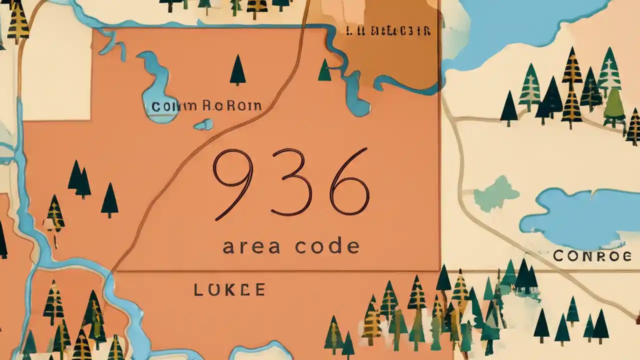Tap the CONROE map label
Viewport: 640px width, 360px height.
[x=592, y=256]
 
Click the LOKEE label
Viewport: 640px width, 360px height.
[x=229, y=289]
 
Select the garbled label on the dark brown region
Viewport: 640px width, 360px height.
[x=388, y=31]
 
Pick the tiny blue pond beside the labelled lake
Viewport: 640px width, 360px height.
[x=203, y=124]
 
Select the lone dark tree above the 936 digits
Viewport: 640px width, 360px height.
[x=237, y=70]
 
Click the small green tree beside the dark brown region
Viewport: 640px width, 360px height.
[x=324, y=70]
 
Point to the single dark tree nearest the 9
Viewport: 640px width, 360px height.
[x=109, y=200]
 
